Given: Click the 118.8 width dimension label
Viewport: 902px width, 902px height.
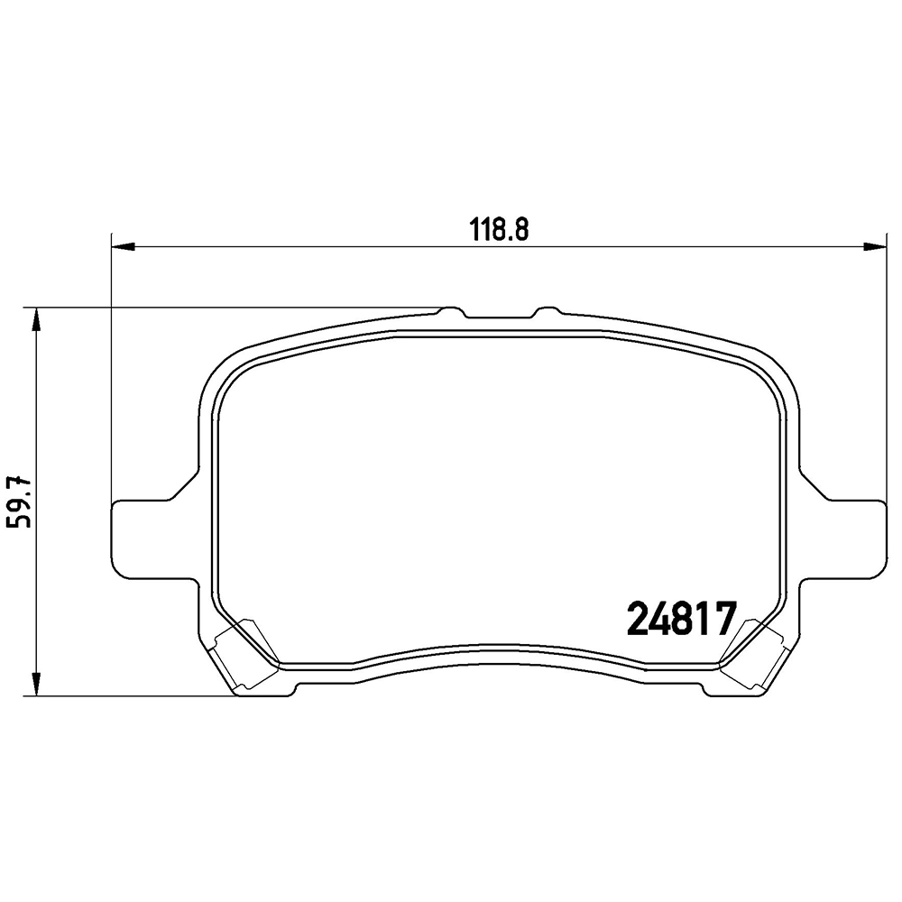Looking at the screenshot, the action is pos(500,229).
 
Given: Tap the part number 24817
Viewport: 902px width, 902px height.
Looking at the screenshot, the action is pos(682,619).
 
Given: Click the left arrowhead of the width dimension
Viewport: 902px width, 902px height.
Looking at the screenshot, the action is pos(123,247).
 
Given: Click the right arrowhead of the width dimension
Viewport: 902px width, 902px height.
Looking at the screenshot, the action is pos(874,247).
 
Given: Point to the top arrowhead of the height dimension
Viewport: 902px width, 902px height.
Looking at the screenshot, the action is pos(37,319).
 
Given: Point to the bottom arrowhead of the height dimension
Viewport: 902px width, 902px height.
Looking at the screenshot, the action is pos(37,685).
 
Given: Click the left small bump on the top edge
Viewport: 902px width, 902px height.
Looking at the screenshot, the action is pos(452,311).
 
